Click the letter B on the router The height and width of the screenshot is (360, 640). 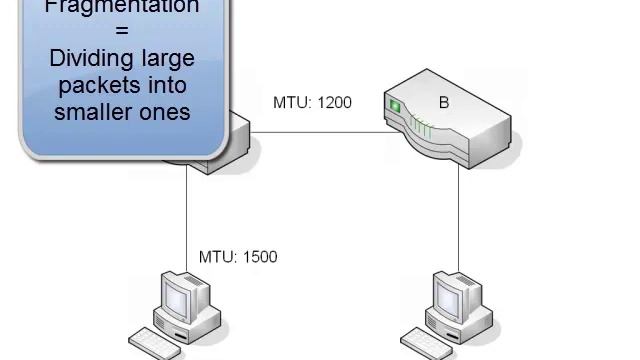coord(444,102)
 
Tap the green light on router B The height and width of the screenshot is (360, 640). coord(394,105)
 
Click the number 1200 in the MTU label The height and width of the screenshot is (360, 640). coord(334,102)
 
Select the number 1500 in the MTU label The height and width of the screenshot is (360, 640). coord(259,257)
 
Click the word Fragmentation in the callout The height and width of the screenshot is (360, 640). coord(123,7)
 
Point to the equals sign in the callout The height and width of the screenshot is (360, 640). coord(123,33)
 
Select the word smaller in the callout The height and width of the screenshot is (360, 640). coord(93,111)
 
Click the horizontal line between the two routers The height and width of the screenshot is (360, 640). coord(320,131)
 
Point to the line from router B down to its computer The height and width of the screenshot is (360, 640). coord(459,220)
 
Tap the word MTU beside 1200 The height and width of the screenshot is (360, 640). coord(291,102)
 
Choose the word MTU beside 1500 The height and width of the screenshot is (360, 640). coord(216,257)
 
